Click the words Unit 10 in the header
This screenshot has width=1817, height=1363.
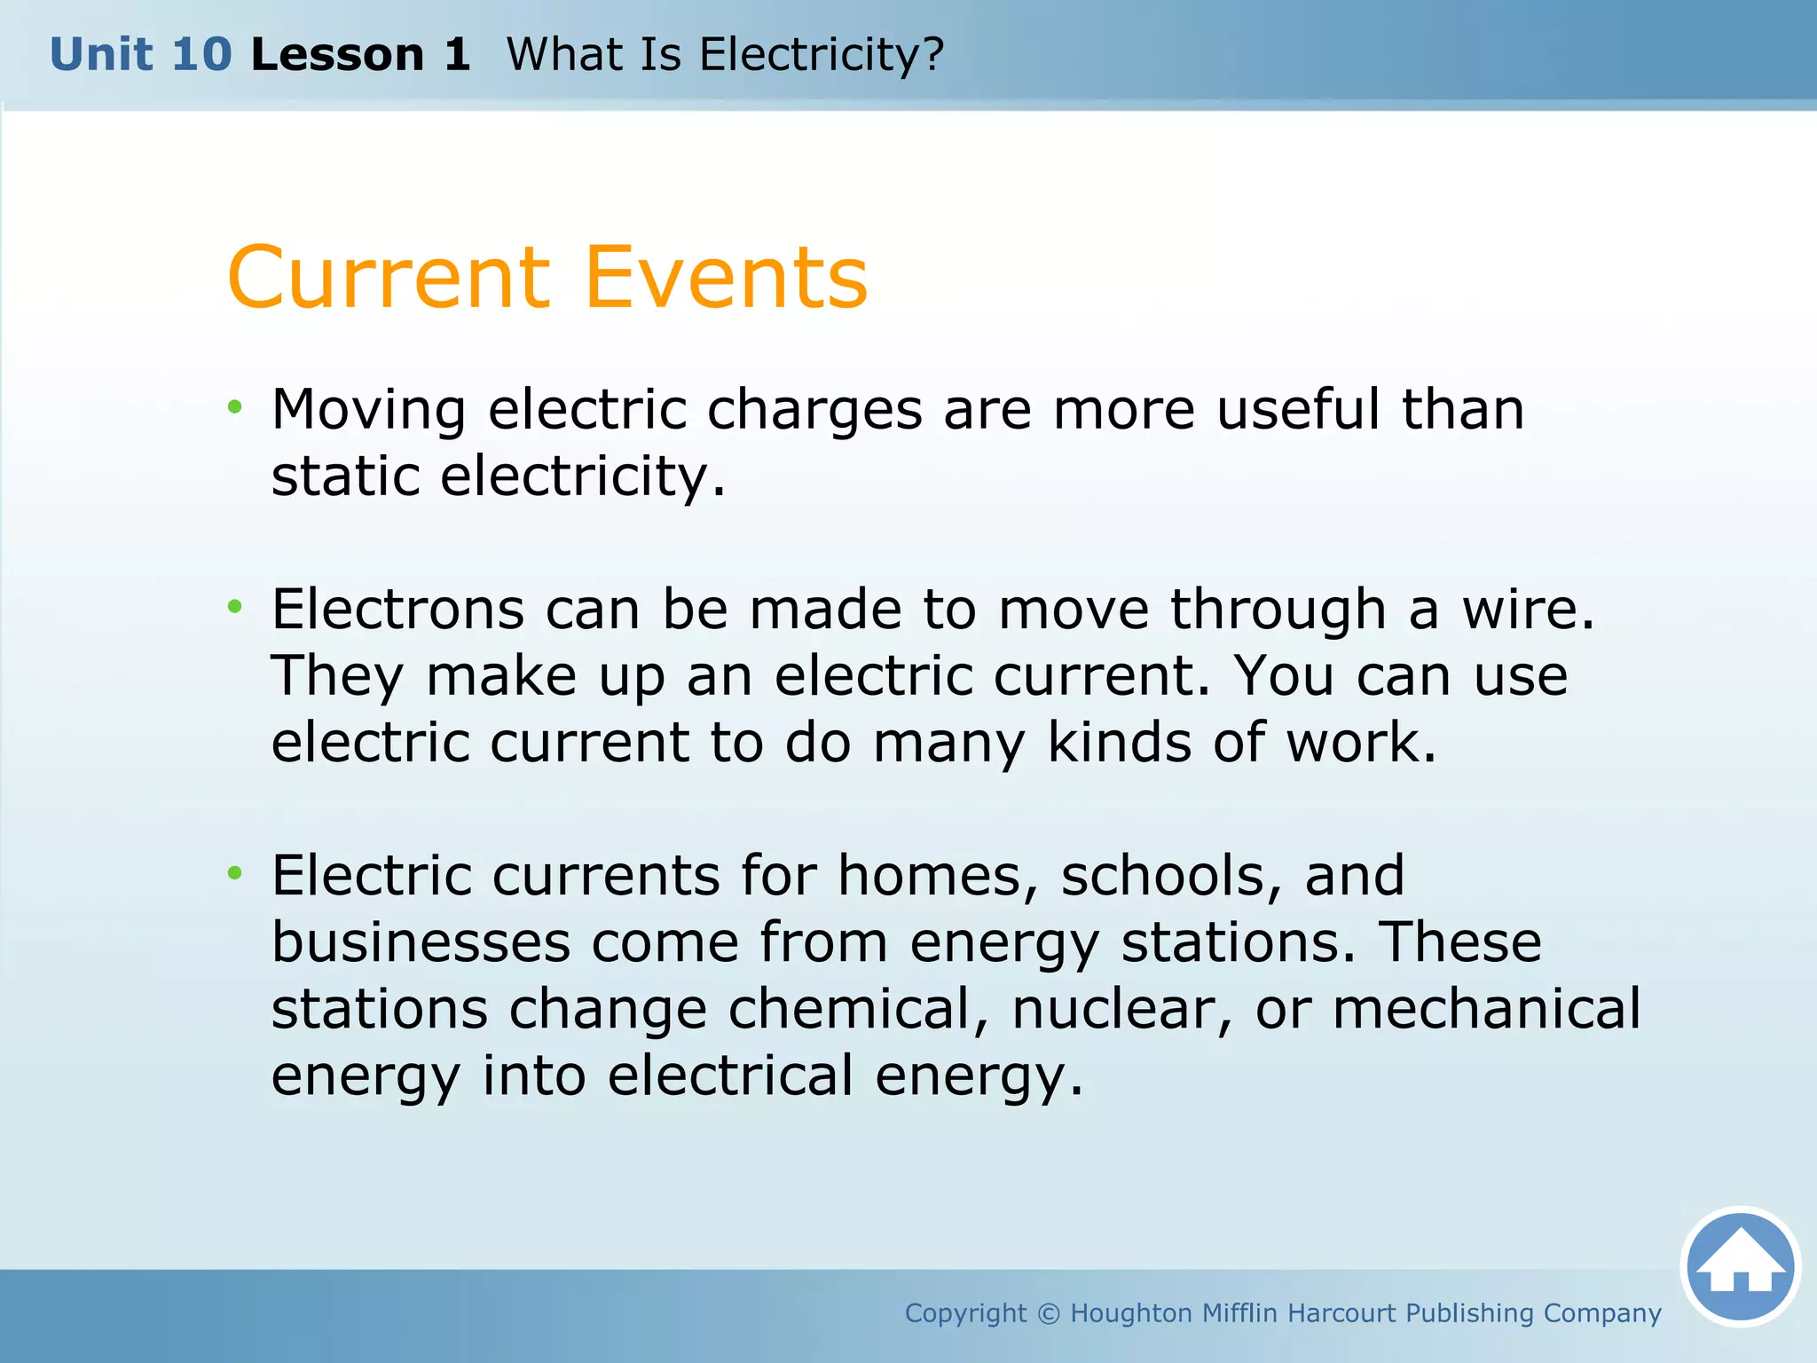tap(140, 55)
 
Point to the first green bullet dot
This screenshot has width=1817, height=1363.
tap(234, 407)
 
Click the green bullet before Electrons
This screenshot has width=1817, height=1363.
tap(234, 607)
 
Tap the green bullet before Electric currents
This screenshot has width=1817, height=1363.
tap(234, 873)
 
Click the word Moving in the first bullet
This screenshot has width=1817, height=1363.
tap(368, 410)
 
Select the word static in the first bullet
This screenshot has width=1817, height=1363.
tap(345, 477)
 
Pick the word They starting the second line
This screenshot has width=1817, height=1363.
tap(337, 676)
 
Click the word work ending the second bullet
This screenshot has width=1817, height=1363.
tap(1359, 743)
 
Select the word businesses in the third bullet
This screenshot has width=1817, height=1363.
tap(421, 942)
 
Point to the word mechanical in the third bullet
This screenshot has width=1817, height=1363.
tap(1486, 1009)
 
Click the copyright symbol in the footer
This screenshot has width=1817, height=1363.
tap(1048, 1313)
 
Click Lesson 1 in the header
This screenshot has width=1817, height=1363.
tap(360, 55)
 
